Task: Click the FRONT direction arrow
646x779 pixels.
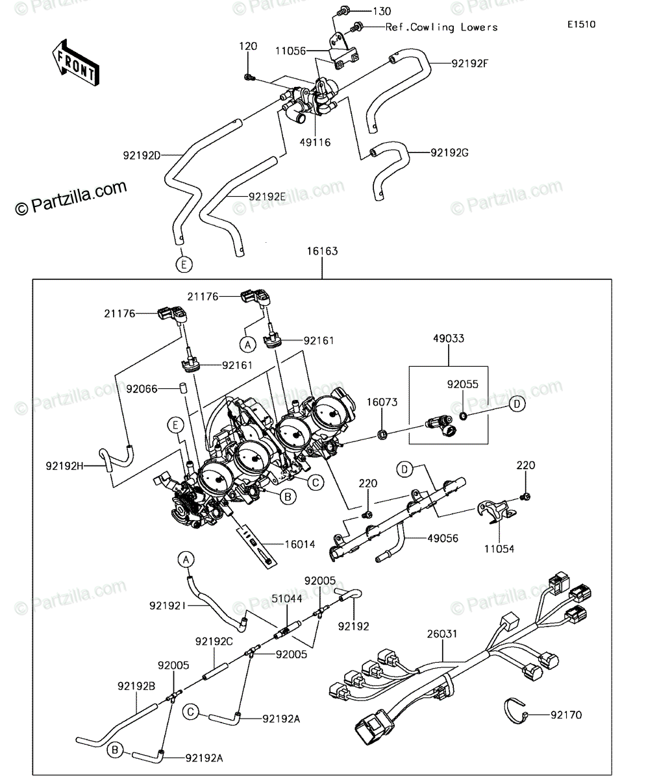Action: coord(75,64)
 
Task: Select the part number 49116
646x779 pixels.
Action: coord(316,143)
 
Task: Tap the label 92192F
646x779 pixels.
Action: coord(470,64)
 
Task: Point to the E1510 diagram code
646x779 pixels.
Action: coord(582,25)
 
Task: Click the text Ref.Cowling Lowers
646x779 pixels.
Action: coord(441,27)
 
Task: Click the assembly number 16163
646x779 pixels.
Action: coord(323,251)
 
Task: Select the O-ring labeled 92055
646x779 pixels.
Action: coord(463,415)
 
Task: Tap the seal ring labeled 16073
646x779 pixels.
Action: coord(382,434)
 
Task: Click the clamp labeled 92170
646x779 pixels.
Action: coord(514,711)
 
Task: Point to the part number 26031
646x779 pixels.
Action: coord(442,634)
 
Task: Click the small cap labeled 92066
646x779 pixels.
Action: coord(182,388)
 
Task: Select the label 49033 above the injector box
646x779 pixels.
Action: coord(449,339)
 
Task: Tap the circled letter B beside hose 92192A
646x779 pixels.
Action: coord(115,750)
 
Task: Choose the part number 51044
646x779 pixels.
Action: coord(286,599)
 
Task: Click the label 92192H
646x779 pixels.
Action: coord(64,466)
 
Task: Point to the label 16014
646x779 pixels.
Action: coord(300,545)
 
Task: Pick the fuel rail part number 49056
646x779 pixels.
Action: coord(443,538)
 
